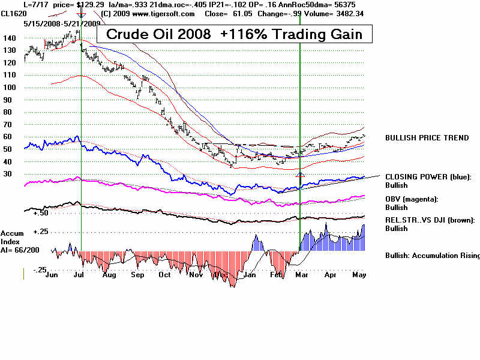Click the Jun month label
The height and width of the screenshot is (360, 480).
tap(52, 275)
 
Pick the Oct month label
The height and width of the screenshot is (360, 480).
tap(164, 275)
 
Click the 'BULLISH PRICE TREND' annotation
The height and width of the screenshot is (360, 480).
tap(427, 138)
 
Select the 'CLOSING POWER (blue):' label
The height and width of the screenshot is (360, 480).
tap(428, 177)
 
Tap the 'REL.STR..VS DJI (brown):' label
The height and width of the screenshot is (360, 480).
tap(430, 220)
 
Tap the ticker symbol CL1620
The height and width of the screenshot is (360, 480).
tap(12, 13)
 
